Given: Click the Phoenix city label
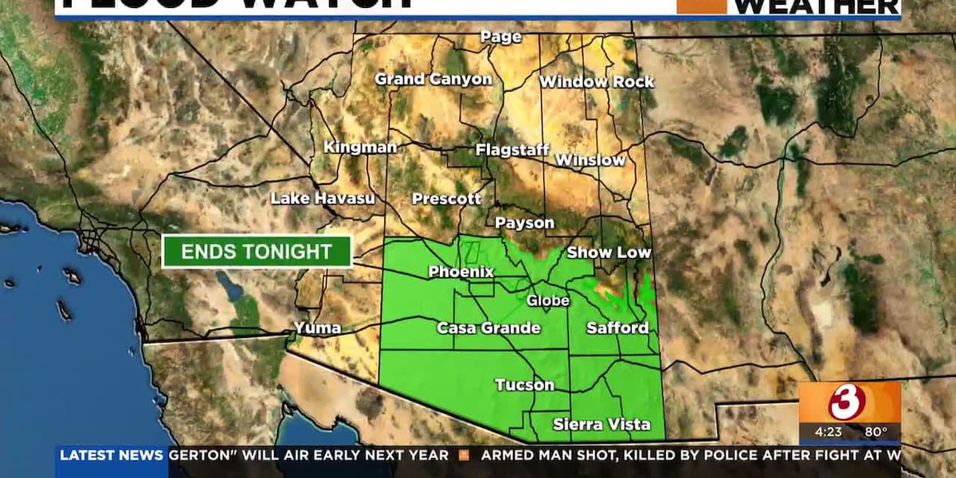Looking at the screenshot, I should coord(461,272).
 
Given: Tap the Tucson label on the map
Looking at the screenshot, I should coord(524,385).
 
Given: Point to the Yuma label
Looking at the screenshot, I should coord(318,327).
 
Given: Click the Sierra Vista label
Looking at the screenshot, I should coord(601,424).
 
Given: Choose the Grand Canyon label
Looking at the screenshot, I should coord(433,79).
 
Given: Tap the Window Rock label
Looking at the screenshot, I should coord(597,81).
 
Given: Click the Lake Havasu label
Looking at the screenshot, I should coord(323,198).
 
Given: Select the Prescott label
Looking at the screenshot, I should coord(447,198).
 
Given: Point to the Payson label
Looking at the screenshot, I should coord(524,223).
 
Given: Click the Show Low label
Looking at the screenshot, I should coord(609,253).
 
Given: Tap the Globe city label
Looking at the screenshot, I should coord(548,300).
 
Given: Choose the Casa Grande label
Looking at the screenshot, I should coord(488,327).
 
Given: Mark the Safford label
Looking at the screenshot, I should coord(617,327).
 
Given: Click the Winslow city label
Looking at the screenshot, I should coord(590,159).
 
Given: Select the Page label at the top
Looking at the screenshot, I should coord(501,37).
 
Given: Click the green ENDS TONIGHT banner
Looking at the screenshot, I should coord(257,252).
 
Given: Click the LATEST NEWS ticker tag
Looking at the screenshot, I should coord(112,456).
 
